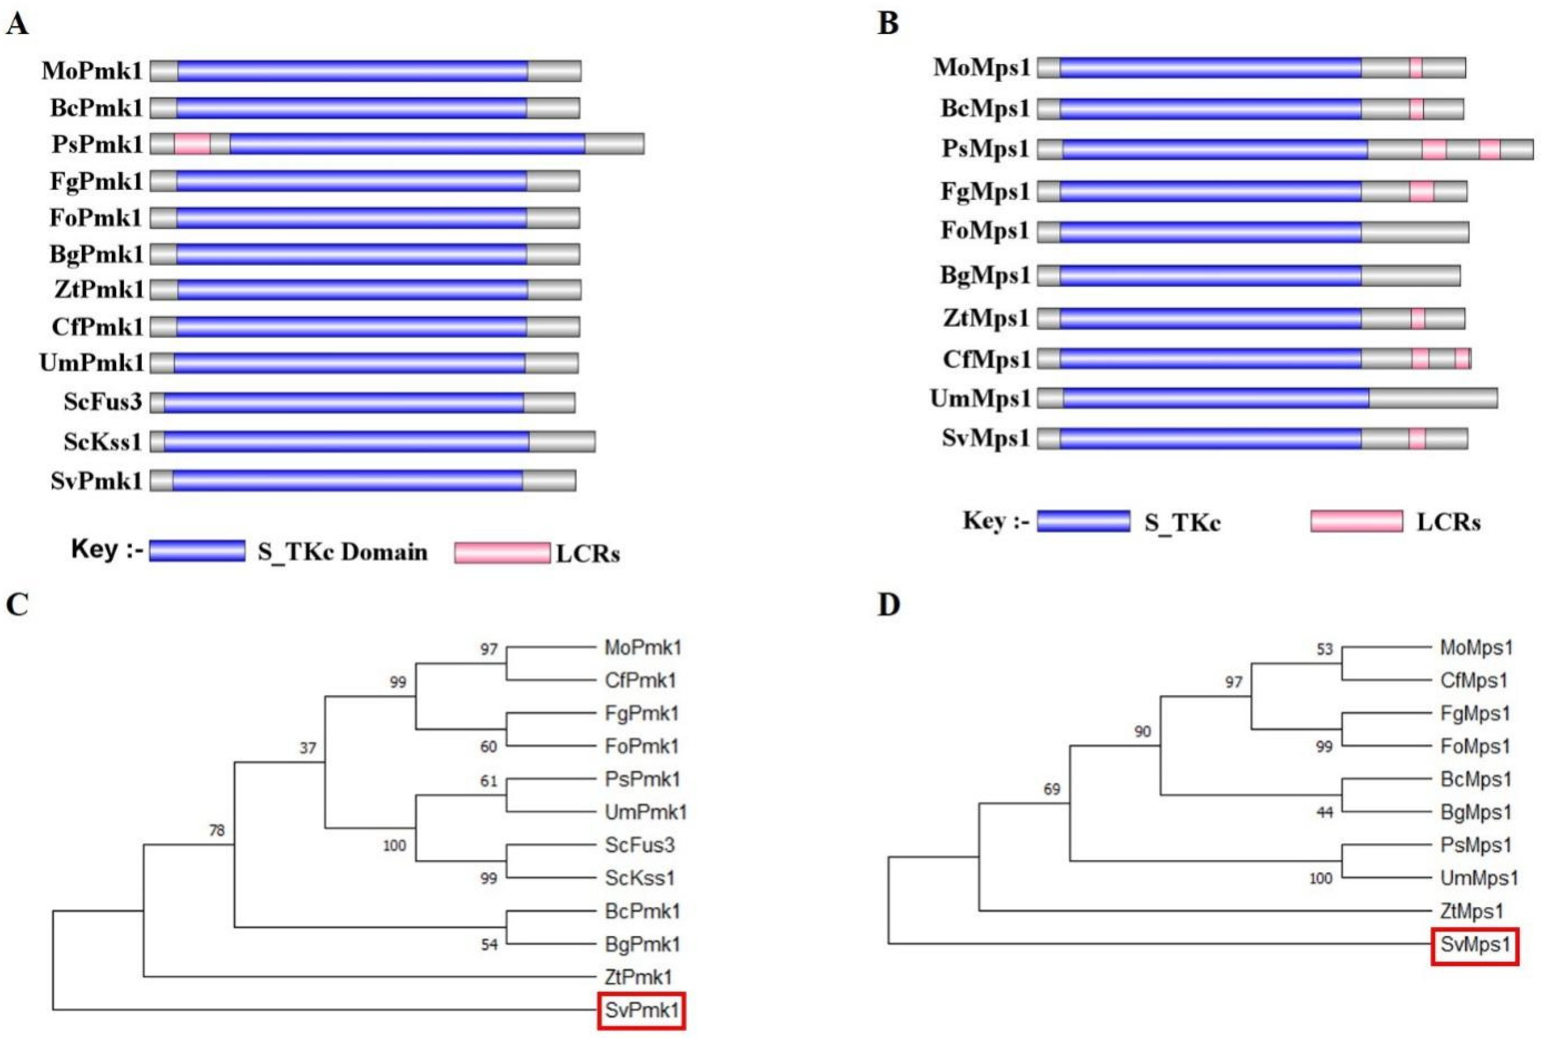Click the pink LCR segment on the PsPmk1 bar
pyautogui.click(x=192, y=144)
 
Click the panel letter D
pyautogui.click(x=889, y=604)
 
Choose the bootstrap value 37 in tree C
pyautogui.click(x=308, y=747)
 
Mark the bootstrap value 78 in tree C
pyautogui.click(x=217, y=830)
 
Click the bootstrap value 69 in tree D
pyautogui.click(x=1052, y=788)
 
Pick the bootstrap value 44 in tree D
pyautogui.click(x=1324, y=812)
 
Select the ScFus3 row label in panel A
pyautogui.click(x=103, y=402)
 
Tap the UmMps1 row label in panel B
pyautogui.click(x=981, y=399)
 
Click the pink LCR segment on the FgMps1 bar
pyautogui.click(x=1421, y=191)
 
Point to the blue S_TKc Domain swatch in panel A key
pyautogui.click(x=197, y=551)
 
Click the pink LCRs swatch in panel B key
pyautogui.click(x=1356, y=521)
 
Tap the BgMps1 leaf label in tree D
pyautogui.click(x=1475, y=812)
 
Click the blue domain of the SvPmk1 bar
pyautogui.click(x=347, y=481)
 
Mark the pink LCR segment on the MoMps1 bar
pyautogui.click(x=1415, y=67)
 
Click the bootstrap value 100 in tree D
pyautogui.click(x=1321, y=878)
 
